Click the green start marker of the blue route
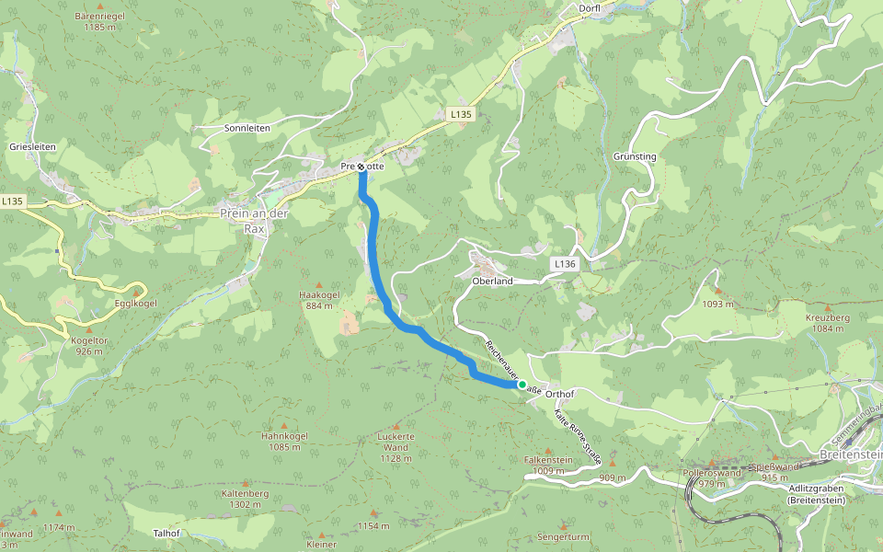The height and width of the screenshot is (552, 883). pos(522,385)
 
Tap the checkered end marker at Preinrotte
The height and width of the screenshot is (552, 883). pos(361,167)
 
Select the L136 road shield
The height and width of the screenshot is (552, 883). pos(566,264)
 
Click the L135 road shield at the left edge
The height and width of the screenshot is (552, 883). pos(12,201)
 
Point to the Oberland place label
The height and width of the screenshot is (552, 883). pos(491,281)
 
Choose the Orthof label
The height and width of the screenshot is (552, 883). pos(559,394)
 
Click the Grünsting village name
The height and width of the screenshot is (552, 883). pos(635,156)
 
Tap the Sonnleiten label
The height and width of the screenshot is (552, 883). pos(247,128)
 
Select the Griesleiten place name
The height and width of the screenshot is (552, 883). pos(32,146)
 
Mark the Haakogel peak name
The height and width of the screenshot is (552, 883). pos(320,295)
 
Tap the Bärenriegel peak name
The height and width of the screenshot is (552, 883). pos(99,17)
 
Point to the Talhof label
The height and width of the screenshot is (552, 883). pos(166,533)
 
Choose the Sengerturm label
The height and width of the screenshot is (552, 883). pos(563,535)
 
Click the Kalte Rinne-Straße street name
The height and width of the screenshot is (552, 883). pos(578,433)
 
